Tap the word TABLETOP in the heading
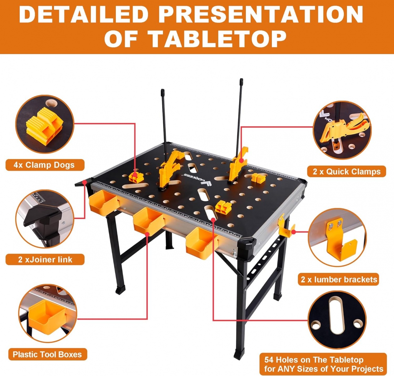click(218, 39)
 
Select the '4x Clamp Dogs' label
click(44, 165)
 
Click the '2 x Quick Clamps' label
click(347, 172)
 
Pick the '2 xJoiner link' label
click(45, 259)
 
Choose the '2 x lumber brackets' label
click(339, 279)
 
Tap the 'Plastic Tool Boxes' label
click(48, 354)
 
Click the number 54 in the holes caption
click(269, 360)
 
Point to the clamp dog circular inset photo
click(45, 124)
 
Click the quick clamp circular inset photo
click(342, 130)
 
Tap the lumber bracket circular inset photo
click(337, 237)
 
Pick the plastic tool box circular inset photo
click(48, 313)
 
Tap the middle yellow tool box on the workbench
click(148, 221)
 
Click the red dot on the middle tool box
click(147, 234)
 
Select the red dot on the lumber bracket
click(293, 232)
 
